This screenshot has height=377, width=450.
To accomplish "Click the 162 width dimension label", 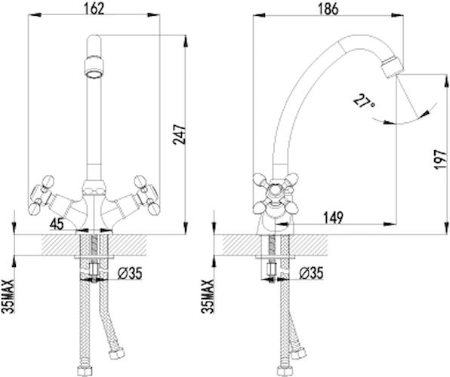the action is click(94, 8).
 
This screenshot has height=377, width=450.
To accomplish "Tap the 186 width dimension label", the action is click(328, 8).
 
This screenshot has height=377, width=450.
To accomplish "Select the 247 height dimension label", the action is click(180, 134).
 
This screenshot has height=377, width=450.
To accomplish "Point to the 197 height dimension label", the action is click(441, 159).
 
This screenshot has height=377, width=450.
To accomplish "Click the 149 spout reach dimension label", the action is click(334, 218).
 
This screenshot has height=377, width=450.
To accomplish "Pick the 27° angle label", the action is click(364, 102).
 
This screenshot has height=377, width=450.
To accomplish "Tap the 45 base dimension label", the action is click(57, 224).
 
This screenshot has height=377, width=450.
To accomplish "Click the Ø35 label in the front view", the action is click(130, 273).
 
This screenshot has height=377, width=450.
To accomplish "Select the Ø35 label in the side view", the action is click(311, 273).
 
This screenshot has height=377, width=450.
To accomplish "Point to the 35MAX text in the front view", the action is click(8, 296).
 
